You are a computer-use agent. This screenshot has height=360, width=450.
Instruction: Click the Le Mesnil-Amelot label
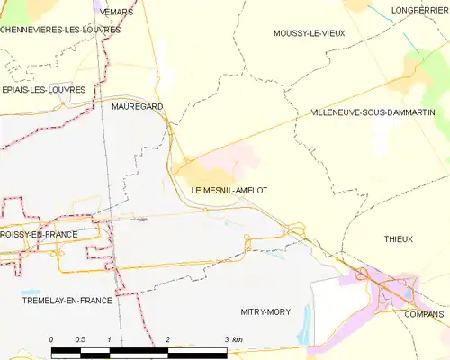click(229, 191)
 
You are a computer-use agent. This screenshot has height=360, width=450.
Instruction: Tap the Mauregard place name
click(138, 106)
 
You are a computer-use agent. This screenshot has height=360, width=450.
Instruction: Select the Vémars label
click(118, 12)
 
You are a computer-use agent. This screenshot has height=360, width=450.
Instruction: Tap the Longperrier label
click(420, 11)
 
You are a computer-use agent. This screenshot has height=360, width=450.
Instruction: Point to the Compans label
click(425, 314)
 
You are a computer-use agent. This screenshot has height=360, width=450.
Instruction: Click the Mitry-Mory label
click(265, 311)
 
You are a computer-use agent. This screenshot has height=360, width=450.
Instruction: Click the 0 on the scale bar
click(51, 338)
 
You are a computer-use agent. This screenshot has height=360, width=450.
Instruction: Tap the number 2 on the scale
click(168, 338)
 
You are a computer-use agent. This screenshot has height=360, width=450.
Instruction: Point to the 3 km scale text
click(231, 338)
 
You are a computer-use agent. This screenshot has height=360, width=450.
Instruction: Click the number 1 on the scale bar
click(109, 338)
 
